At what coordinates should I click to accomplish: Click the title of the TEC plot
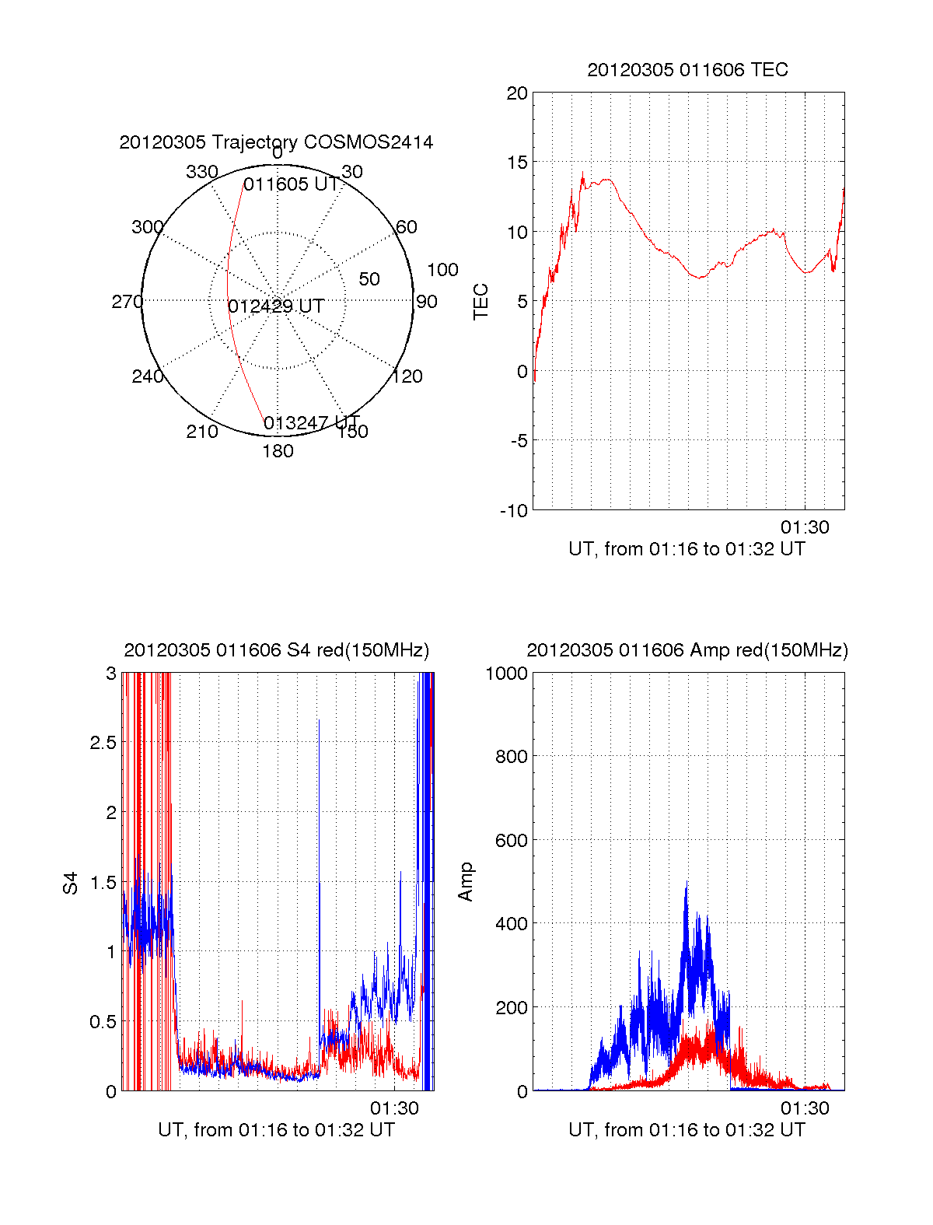[x=687, y=70]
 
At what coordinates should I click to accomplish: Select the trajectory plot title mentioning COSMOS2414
[x=276, y=142]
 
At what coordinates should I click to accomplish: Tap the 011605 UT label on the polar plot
[x=291, y=185]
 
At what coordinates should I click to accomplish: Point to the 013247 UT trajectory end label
[x=311, y=423]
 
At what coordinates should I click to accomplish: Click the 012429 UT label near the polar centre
[x=276, y=306]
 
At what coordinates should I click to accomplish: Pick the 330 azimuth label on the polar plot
[x=201, y=172]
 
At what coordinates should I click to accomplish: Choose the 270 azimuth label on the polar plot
[x=127, y=302]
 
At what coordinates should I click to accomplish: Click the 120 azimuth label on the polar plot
[x=407, y=376]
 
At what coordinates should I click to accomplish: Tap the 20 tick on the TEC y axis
[x=517, y=93]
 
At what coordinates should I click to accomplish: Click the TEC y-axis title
[x=481, y=302]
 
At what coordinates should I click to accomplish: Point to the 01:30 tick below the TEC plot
[x=805, y=527]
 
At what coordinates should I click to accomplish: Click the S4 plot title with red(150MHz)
[x=276, y=650]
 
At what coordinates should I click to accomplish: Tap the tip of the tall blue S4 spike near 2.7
[x=319, y=720]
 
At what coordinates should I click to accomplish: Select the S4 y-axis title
[x=71, y=883]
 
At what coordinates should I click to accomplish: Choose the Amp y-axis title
[x=466, y=882]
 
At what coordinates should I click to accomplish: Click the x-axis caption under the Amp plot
[x=687, y=1130]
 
